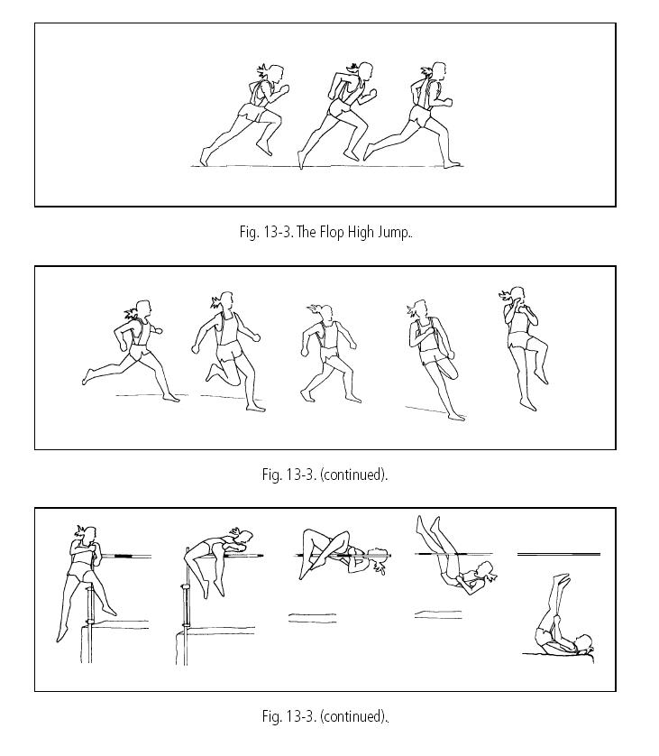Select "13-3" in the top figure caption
click(277, 233)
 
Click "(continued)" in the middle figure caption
click(352, 475)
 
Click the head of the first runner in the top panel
click(276, 75)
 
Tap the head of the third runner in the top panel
click(438, 71)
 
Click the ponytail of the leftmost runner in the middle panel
click(131, 314)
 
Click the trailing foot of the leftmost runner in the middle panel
click(87, 376)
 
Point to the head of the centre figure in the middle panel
click(326, 314)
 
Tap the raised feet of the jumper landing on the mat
click(562, 579)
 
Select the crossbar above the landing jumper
click(559, 555)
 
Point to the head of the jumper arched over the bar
click(245, 538)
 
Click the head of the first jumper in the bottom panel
click(89, 534)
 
